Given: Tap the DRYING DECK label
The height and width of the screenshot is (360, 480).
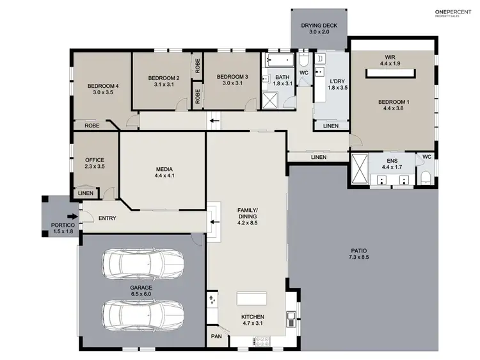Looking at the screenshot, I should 319,26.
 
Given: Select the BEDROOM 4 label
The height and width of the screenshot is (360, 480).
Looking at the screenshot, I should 103,85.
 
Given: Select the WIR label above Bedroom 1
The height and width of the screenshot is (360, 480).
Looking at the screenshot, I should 390,56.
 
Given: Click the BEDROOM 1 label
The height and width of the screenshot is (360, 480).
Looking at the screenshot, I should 393,101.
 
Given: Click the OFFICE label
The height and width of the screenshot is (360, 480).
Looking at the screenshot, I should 95,160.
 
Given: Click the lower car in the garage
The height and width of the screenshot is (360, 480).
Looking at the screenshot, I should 143,314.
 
